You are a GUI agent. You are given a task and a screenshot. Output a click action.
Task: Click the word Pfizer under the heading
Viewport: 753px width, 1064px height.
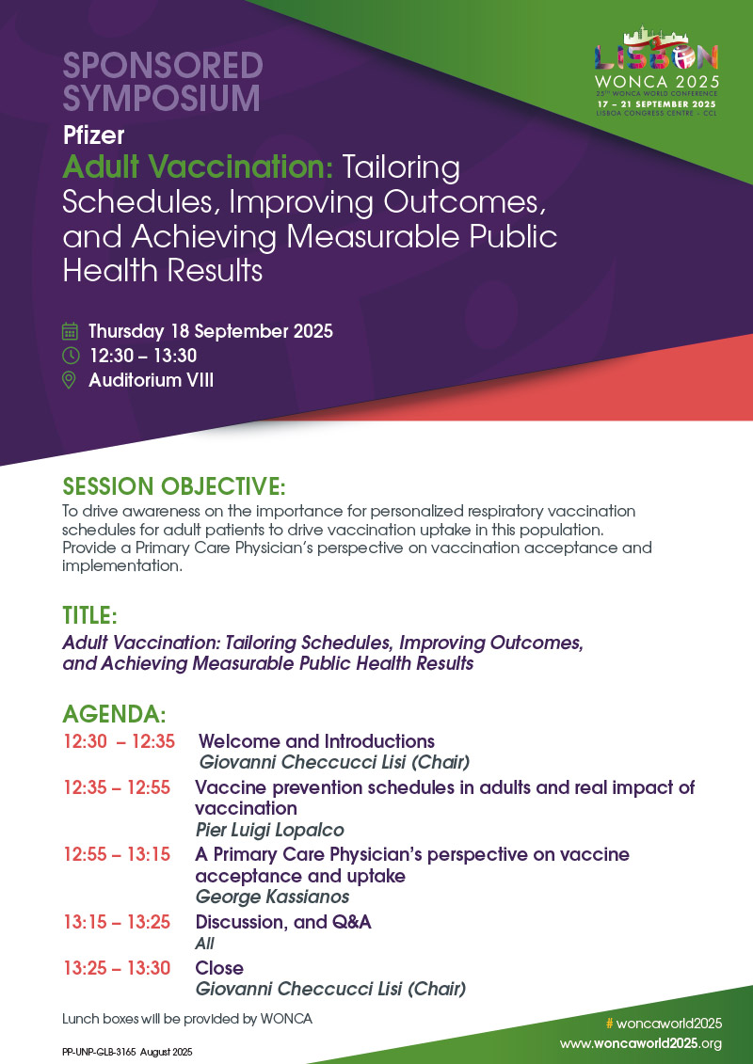point(93,135)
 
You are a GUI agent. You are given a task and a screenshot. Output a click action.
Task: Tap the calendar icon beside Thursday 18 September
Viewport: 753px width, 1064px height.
point(70,331)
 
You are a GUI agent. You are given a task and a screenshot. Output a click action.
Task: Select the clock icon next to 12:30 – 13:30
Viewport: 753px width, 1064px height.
point(70,356)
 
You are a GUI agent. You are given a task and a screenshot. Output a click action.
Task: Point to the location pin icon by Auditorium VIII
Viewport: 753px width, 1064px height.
point(70,380)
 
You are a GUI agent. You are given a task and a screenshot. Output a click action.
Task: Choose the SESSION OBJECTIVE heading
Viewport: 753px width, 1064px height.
point(173,486)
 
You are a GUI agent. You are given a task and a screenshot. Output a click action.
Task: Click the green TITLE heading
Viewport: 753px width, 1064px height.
point(89,616)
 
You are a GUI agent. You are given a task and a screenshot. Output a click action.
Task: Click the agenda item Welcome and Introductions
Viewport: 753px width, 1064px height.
point(317,741)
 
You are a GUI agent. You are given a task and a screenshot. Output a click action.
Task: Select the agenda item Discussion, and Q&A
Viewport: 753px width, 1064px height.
point(283,922)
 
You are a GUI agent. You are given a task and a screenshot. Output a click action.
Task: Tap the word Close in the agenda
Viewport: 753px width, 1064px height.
point(219,968)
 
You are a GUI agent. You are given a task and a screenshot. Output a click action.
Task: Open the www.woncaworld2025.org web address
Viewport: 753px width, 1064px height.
point(641,1043)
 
